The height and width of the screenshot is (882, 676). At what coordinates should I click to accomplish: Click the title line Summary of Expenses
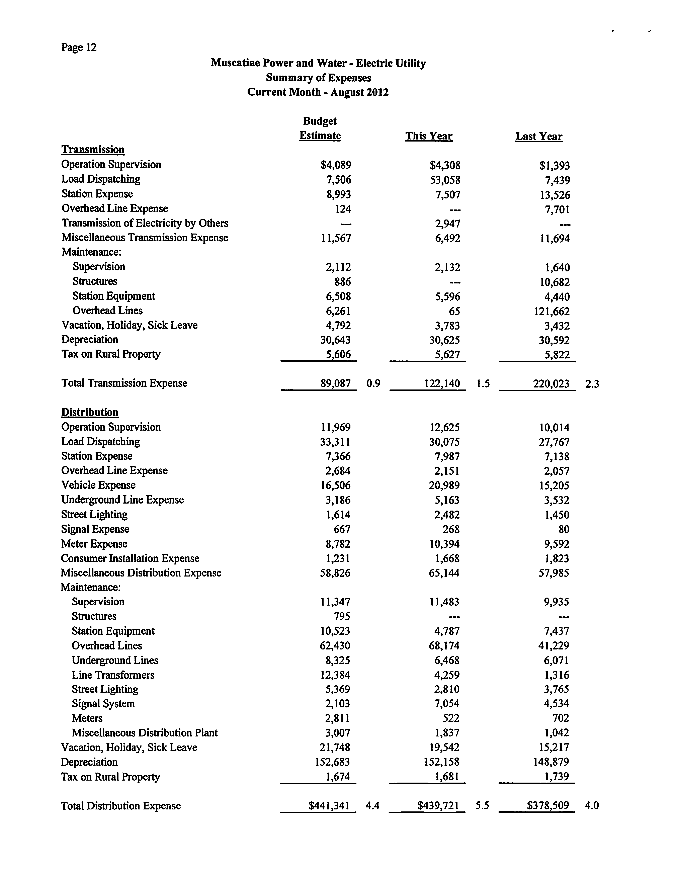pyautogui.click(x=318, y=78)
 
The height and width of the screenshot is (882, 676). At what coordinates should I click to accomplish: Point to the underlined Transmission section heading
pyautogui.click(x=93, y=150)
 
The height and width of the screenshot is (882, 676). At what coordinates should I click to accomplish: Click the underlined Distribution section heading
pyautogui.click(x=90, y=412)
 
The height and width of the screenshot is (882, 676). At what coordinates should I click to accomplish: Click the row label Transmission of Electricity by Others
pyautogui.click(x=145, y=223)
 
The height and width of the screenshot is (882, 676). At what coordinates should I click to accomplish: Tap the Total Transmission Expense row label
pyautogui.click(x=124, y=383)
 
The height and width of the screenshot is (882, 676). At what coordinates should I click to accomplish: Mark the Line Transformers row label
pyautogui.click(x=113, y=675)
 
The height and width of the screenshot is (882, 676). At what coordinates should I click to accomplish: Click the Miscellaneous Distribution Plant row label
pyautogui.click(x=145, y=733)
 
